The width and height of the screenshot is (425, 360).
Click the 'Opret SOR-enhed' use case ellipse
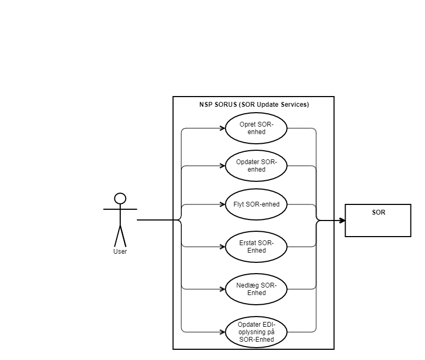point(256,129)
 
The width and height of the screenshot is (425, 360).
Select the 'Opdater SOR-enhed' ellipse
point(256,166)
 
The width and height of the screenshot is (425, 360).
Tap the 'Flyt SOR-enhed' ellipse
point(256,204)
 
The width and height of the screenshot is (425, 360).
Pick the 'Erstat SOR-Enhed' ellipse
point(256,247)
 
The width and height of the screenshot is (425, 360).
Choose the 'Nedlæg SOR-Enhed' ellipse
point(256,289)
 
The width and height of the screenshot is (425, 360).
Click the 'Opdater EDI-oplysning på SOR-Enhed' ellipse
point(256,332)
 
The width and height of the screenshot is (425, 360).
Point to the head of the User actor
point(120,199)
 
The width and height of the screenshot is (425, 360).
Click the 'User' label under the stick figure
point(120,252)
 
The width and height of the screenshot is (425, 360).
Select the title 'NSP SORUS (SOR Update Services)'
point(253,105)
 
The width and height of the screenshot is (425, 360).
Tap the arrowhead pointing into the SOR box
point(341,220)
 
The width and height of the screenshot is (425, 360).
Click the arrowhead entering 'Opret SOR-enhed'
point(222,129)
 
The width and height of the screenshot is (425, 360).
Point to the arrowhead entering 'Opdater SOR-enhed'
point(222,166)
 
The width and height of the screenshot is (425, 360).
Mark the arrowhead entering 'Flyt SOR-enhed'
point(222,204)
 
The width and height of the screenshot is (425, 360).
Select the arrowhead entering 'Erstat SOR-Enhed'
point(222,247)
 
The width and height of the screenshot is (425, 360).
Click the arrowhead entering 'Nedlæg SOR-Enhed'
point(222,289)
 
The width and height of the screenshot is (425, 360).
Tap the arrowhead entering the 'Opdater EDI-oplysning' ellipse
point(222,332)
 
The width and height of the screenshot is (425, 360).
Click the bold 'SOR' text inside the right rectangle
point(378,212)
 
